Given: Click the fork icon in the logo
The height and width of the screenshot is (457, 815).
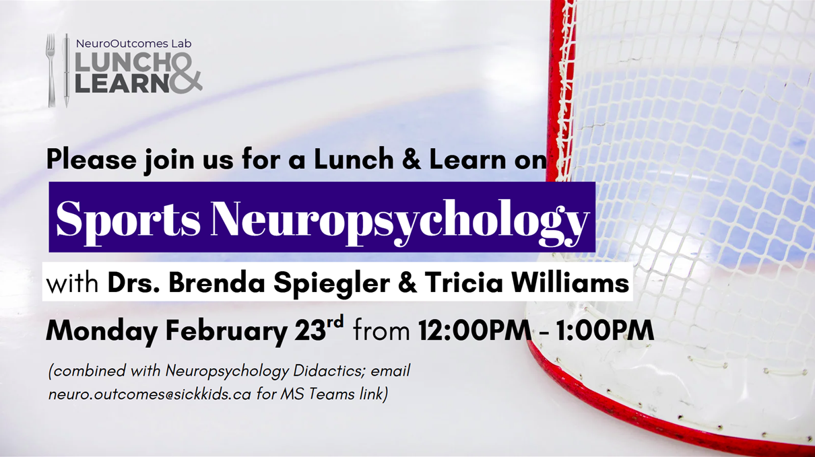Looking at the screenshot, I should (51, 70).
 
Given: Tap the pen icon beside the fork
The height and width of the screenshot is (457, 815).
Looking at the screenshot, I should (66, 70).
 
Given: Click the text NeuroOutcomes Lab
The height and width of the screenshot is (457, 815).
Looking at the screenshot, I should (133, 43).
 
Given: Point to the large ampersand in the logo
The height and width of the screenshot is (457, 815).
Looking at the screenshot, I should (185, 74).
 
